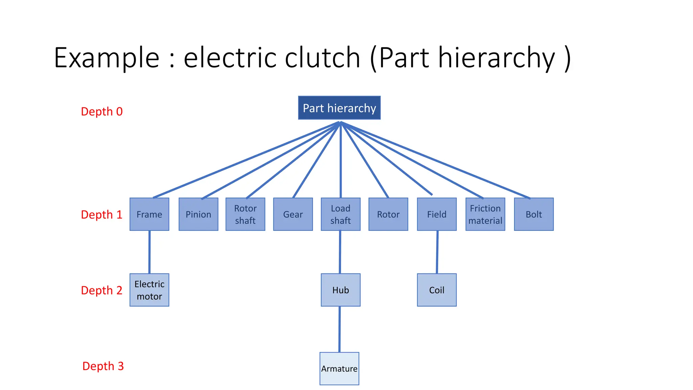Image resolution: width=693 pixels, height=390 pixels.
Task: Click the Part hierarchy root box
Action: click(x=339, y=108)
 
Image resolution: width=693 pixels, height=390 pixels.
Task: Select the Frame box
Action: click(x=149, y=214)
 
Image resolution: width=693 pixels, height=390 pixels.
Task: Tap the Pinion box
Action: click(x=198, y=214)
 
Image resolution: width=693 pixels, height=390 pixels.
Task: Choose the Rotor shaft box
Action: click(x=245, y=214)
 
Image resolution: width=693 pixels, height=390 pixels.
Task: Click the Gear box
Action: click(x=293, y=214)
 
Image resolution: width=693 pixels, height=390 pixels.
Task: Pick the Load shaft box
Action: click(x=340, y=214)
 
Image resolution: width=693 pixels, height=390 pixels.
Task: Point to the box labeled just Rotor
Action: click(x=388, y=214)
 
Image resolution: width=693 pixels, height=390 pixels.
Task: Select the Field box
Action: click(x=437, y=214)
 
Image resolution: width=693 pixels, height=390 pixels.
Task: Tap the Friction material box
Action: click(x=485, y=214)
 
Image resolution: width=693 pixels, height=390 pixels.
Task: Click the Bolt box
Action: click(x=534, y=214)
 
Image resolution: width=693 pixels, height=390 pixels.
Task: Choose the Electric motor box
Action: click(x=149, y=290)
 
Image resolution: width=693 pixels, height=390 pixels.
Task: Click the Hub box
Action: click(x=340, y=290)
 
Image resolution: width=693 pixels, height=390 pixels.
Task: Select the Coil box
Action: click(x=437, y=290)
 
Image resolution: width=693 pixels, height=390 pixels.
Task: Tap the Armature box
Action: click(x=339, y=369)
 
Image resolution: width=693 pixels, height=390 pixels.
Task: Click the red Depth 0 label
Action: click(x=102, y=111)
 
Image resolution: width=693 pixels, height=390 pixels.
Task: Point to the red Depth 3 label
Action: click(x=103, y=366)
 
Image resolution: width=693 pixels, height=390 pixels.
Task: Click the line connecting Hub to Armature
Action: click(x=339, y=329)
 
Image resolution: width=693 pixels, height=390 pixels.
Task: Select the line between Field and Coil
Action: click(x=437, y=252)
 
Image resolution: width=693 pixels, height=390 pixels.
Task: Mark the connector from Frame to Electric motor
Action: click(x=149, y=252)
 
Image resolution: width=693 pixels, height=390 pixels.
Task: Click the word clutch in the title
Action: click(x=322, y=58)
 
